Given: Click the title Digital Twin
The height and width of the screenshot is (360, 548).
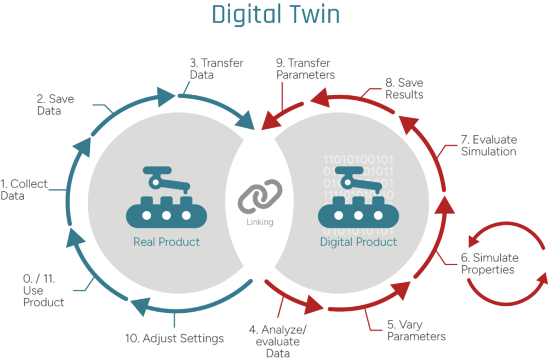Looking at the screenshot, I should point(275,15).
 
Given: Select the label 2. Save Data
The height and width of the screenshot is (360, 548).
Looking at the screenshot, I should point(55,105).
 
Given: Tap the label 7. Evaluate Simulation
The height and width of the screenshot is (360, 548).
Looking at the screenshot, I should point(488,145).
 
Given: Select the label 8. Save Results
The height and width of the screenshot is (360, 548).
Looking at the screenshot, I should point(405,89).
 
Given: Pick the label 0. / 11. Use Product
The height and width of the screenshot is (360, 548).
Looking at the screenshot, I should point(44,290).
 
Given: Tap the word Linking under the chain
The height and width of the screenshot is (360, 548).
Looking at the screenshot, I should point(260,222).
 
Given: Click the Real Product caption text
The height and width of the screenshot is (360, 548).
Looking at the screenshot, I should point(167,242).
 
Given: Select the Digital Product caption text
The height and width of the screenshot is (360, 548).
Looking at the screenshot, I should point(358,242).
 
